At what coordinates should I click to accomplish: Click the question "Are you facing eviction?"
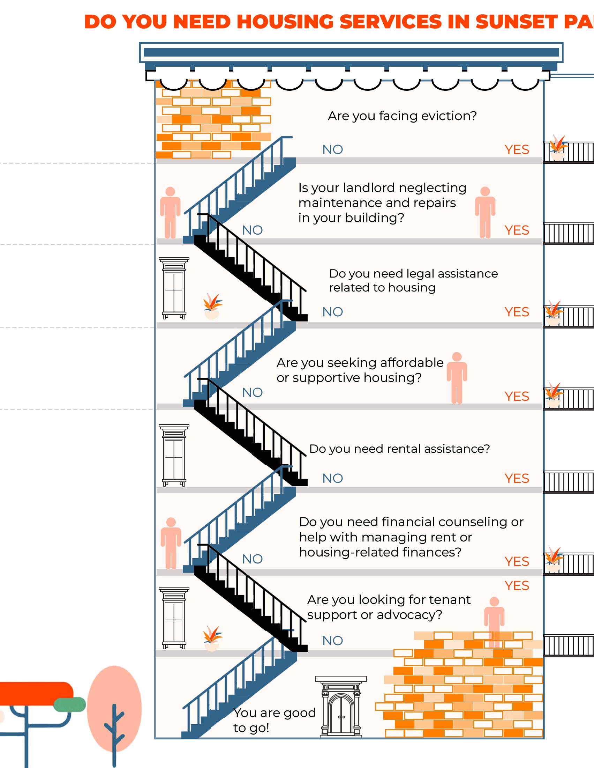tap(402, 116)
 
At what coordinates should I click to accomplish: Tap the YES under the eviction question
tap(517, 150)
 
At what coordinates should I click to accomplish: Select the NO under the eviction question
tap(333, 150)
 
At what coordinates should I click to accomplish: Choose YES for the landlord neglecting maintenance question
tap(517, 230)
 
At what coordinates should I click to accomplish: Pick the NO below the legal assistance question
tap(333, 312)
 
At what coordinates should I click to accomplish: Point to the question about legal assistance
tap(413, 281)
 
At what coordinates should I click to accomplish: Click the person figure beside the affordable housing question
tap(457, 378)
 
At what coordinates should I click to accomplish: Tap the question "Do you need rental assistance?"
tap(399, 449)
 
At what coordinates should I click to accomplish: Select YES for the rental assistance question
tap(517, 479)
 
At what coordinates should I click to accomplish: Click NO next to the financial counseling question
tap(253, 559)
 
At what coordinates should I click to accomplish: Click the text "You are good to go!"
tap(275, 720)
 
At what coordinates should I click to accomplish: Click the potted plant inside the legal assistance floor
tap(212, 307)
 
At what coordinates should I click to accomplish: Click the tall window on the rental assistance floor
tap(174, 455)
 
